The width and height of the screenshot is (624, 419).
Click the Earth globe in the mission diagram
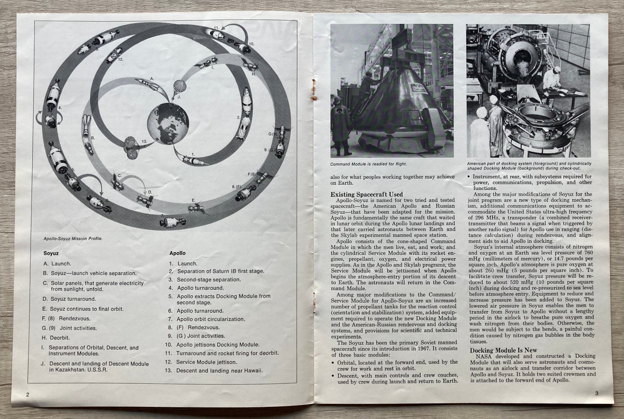click(x=168, y=124)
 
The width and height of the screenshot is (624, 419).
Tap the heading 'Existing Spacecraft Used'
click(x=367, y=194)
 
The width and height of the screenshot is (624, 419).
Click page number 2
click(x=28, y=394)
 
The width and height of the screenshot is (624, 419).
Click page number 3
click(x=596, y=393)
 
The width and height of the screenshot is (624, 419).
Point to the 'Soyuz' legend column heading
click(x=51, y=253)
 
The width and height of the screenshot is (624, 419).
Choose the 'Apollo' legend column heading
click(x=178, y=253)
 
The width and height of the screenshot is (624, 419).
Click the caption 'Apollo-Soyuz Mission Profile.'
click(x=73, y=238)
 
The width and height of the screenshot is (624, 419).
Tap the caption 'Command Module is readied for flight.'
click(x=368, y=164)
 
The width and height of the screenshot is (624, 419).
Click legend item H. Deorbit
click(x=56, y=338)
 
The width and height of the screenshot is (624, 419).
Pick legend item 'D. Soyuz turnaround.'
click(x=70, y=299)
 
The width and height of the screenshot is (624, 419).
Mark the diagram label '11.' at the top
click(x=216, y=28)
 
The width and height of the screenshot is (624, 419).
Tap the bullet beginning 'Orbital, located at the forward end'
click(x=397, y=365)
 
